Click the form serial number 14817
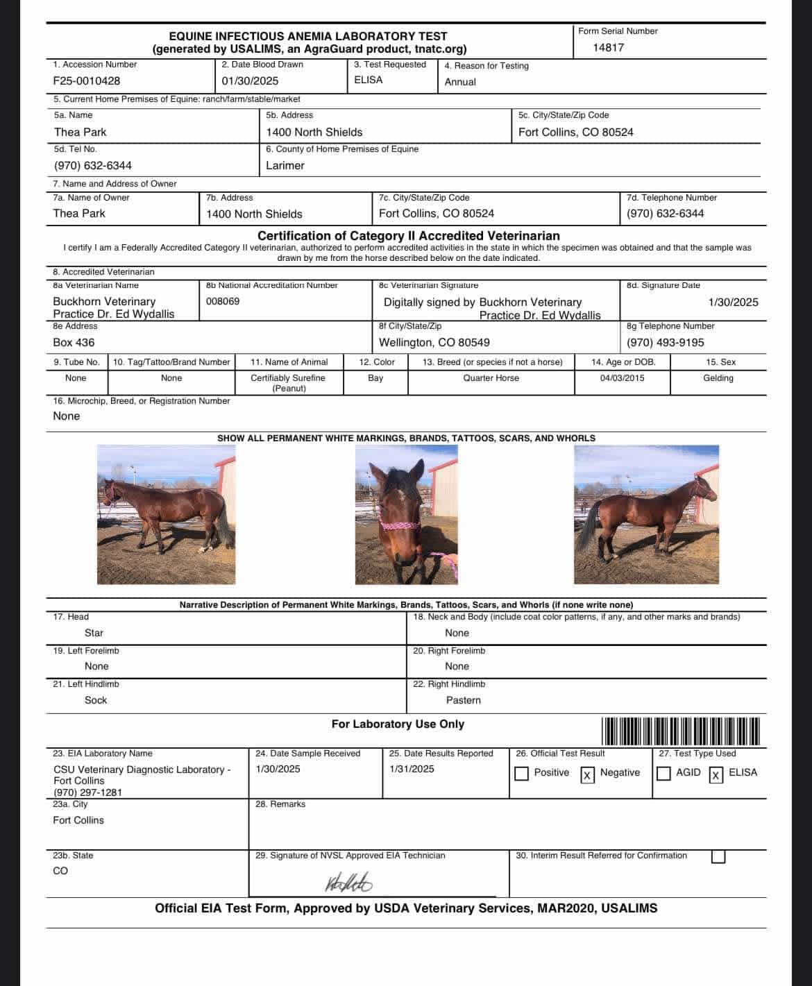[x=608, y=48]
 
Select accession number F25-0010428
[x=86, y=80]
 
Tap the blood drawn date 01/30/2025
[x=250, y=80]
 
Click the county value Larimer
[x=285, y=166]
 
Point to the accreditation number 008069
[x=223, y=301]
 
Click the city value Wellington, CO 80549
[x=434, y=343]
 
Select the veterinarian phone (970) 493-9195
[x=665, y=343]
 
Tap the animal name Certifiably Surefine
[x=287, y=378]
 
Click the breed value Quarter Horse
[x=491, y=378]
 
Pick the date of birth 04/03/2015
[x=622, y=378]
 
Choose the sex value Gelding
[x=718, y=378]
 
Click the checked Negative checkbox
[x=587, y=774]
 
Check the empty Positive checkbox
[x=522, y=774]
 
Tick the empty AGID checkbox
[x=663, y=774]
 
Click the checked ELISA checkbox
[x=716, y=774]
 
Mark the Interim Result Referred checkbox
[x=718, y=857]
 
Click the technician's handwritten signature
[x=348, y=883]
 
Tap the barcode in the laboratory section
[x=681, y=731]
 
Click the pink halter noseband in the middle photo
[x=400, y=525]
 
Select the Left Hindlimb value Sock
[x=96, y=700]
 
